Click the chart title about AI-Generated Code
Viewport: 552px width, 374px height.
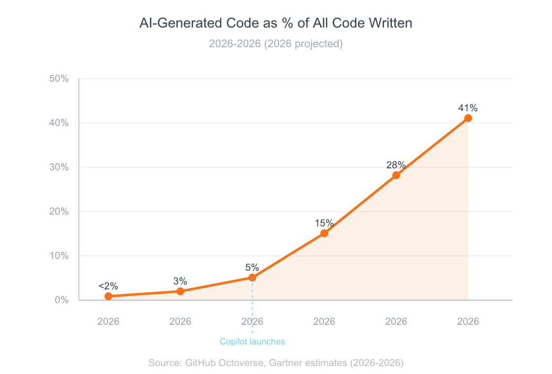tap(276, 23)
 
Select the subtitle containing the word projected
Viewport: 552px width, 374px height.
tap(276, 44)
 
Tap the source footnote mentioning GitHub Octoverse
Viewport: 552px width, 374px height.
tap(276, 363)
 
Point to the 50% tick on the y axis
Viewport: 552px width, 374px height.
tap(59, 79)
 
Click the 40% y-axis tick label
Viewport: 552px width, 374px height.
tap(59, 123)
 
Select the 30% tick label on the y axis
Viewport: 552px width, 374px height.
tap(59, 167)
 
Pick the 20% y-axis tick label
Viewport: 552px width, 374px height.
tap(59, 212)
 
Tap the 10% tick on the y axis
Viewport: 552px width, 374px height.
tap(59, 256)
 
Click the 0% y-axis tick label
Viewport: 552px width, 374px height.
tap(61, 300)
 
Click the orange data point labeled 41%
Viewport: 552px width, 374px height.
tap(468, 118)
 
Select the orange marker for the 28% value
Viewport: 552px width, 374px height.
tap(396, 175)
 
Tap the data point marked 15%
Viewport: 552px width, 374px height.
tap(324, 233)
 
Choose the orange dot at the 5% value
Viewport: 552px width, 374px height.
tap(252, 278)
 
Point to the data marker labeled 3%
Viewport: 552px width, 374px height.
tap(180, 291)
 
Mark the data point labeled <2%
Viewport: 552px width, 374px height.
tap(108, 296)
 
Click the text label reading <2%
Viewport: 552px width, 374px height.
tap(108, 286)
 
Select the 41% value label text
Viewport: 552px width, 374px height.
tap(468, 108)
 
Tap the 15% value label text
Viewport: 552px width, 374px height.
tap(324, 223)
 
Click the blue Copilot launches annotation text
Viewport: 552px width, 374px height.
tap(252, 342)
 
